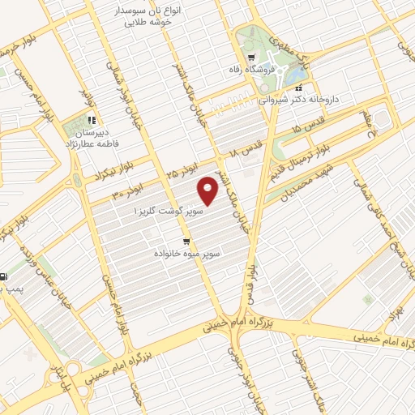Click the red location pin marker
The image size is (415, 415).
pyautogui.click(x=209, y=191)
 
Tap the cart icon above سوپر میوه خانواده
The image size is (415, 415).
pyautogui.click(x=186, y=242)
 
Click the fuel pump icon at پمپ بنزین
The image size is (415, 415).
pyautogui.click(x=2, y=276)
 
